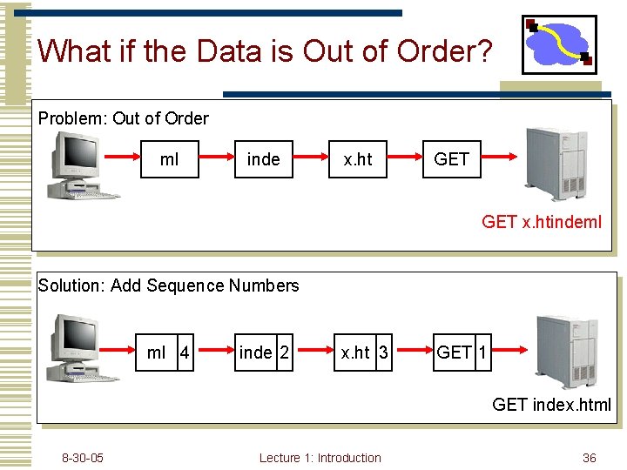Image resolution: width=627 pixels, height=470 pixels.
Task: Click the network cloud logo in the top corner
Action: [559, 44]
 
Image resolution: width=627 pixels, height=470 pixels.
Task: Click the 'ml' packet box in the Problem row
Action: [170, 159]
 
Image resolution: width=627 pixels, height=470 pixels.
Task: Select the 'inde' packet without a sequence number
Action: [264, 159]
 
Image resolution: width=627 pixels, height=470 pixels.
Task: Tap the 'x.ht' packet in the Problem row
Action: [357, 159]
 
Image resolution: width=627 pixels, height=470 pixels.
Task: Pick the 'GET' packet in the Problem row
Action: [451, 159]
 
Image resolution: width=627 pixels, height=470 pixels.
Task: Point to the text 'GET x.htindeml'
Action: [541, 222]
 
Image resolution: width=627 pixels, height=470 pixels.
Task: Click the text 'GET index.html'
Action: [551, 405]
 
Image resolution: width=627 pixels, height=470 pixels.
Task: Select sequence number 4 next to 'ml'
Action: [184, 352]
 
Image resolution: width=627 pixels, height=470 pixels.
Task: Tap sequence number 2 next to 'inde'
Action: [284, 352]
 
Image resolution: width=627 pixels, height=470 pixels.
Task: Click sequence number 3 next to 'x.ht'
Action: [382, 352]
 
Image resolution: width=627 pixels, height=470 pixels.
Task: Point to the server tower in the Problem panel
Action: [561, 164]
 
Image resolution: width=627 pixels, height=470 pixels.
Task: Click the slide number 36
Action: [590, 458]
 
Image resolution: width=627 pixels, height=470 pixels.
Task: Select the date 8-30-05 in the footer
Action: [83, 458]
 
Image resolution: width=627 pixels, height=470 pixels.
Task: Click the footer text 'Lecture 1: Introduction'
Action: [320, 458]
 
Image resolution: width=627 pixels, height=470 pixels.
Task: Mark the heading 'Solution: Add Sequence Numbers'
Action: [169, 285]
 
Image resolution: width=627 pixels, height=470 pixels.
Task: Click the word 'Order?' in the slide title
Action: [444, 51]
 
